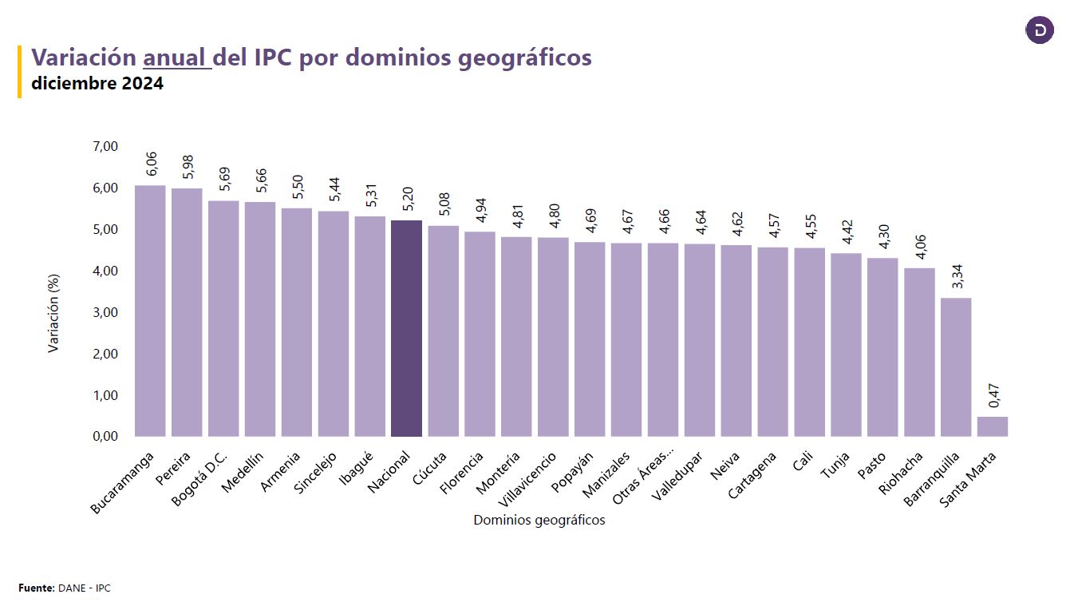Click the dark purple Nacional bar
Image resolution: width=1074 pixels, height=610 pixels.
[406, 328]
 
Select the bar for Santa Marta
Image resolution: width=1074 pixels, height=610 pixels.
[992, 426]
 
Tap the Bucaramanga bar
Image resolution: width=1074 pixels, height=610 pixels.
[150, 311]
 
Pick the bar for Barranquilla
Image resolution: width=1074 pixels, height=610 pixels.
[955, 366]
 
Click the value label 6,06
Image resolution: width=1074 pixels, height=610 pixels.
[151, 164]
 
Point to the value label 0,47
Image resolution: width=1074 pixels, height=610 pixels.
[993, 395]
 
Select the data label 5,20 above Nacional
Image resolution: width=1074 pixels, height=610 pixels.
[407, 199]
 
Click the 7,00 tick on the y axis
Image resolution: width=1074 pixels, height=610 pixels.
[105, 146]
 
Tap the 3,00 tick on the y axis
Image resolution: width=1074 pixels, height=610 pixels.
[105, 312]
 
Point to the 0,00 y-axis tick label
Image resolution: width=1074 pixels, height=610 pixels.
[105, 437]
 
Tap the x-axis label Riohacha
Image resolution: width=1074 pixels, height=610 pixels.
[902, 474]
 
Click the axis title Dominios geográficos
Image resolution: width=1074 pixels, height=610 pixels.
[539, 521]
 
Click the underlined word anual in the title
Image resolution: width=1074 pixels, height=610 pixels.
[176, 57]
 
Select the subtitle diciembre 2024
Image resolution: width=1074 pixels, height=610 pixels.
[97, 83]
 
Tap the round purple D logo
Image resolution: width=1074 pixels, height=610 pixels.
[1040, 30]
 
